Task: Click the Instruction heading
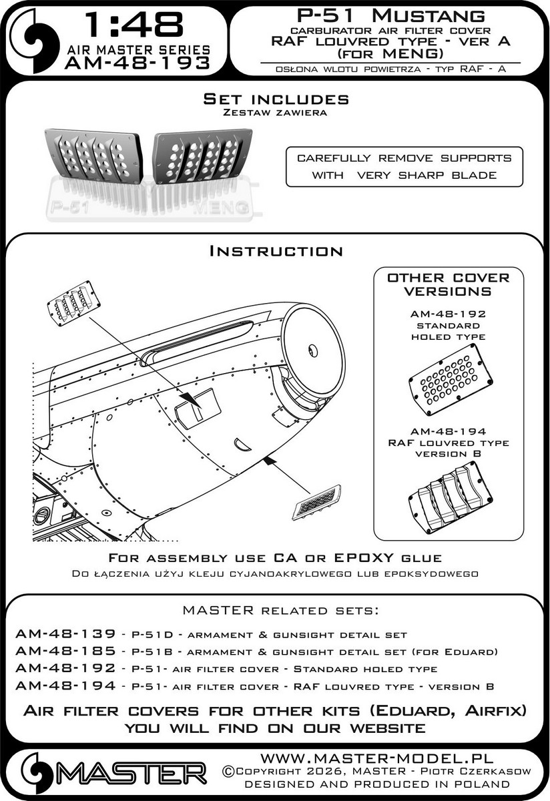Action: pos(276,251)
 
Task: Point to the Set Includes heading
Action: pos(276,99)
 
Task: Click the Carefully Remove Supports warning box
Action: pos(404,166)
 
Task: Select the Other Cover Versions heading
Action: pos(448,284)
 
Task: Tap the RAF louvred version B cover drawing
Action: pos(449,495)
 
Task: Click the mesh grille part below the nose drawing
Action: pos(316,502)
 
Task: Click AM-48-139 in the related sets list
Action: pos(58,634)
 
